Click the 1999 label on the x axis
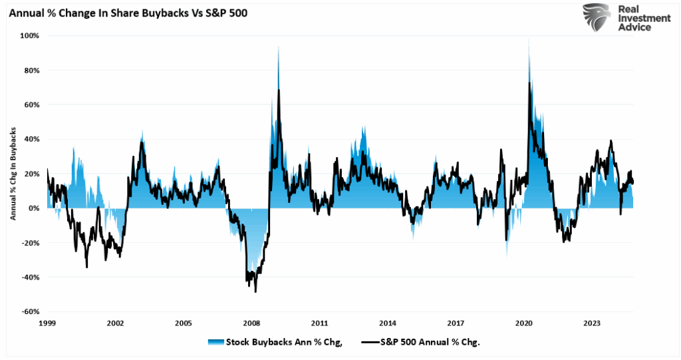coord(47,323)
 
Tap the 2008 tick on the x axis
coord(252,323)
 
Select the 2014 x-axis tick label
coord(388,323)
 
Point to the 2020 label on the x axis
coord(524,323)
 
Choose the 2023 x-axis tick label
coord(592,323)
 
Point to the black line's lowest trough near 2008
coord(255,291)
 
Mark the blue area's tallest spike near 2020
coord(529,40)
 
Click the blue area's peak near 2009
coord(278,47)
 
